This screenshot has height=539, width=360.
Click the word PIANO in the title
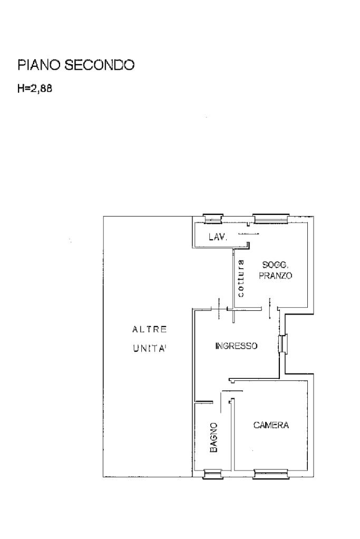(39, 65)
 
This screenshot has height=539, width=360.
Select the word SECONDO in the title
(100, 65)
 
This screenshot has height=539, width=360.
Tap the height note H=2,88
(35, 89)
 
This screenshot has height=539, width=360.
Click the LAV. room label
(218, 237)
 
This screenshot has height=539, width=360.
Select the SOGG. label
(275, 264)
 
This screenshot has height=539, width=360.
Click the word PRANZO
(275, 276)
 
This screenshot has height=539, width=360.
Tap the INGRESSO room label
(236, 346)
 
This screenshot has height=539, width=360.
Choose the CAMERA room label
(271, 425)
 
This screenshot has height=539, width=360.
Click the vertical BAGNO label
(213, 437)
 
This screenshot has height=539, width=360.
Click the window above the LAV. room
(212, 219)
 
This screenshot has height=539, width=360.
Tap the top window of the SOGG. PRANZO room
(270, 219)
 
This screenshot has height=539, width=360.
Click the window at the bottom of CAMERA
(271, 474)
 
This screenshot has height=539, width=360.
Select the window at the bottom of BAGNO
(213, 474)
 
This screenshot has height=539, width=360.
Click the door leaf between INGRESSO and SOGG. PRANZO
(270, 308)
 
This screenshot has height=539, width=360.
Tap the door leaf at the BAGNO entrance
(220, 401)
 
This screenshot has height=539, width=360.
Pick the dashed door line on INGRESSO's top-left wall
(219, 308)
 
